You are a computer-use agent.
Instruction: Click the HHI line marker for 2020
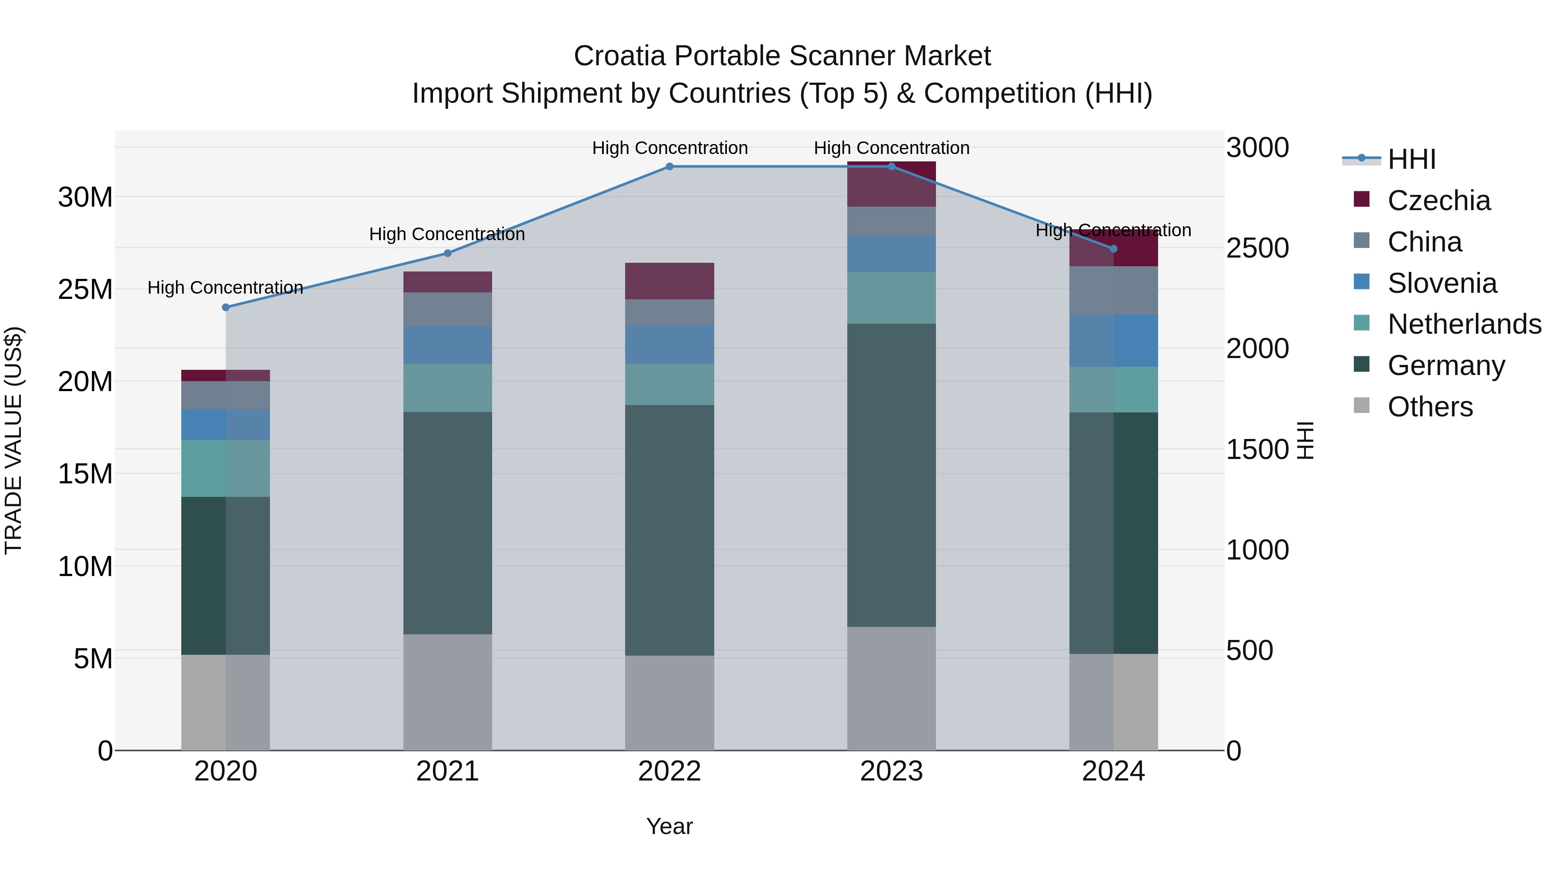(226, 308)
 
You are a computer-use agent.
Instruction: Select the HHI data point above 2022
(669, 167)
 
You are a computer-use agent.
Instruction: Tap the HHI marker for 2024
(1114, 249)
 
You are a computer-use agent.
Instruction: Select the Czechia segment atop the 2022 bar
(669, 281)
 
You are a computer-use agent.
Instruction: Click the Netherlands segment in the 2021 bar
(448, 388)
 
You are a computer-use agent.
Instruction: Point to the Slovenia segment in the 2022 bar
(669, 344)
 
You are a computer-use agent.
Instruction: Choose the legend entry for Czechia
(1438, 201)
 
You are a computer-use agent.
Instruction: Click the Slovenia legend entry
(1442, 283)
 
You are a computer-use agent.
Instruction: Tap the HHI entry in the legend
(1411, 159)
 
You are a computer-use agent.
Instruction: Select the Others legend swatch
(1362, 405)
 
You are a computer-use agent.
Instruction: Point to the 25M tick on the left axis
(85, 290)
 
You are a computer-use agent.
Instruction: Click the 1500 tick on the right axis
(1257, 450)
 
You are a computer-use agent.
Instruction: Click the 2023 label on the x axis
(891, 771)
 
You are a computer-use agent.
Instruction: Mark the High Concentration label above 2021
(447, 234)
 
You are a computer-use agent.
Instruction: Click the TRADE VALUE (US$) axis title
(13, 440)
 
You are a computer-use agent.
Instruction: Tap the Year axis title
(669, 827)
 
